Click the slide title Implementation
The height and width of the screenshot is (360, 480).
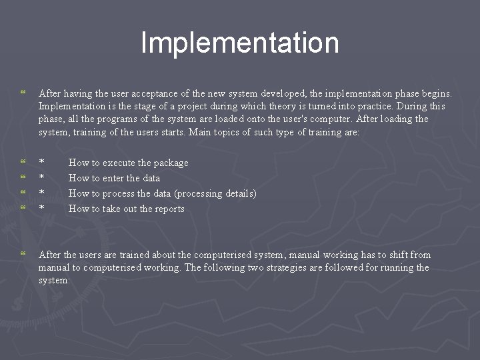point(240,43)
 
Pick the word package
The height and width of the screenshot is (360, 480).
point(173,163)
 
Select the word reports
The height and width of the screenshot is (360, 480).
point(169,209)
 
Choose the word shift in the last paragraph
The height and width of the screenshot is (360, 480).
point(398,255)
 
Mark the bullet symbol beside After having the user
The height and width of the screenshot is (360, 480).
point(23,93)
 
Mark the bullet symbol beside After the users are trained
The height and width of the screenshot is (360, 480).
point(23,255)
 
